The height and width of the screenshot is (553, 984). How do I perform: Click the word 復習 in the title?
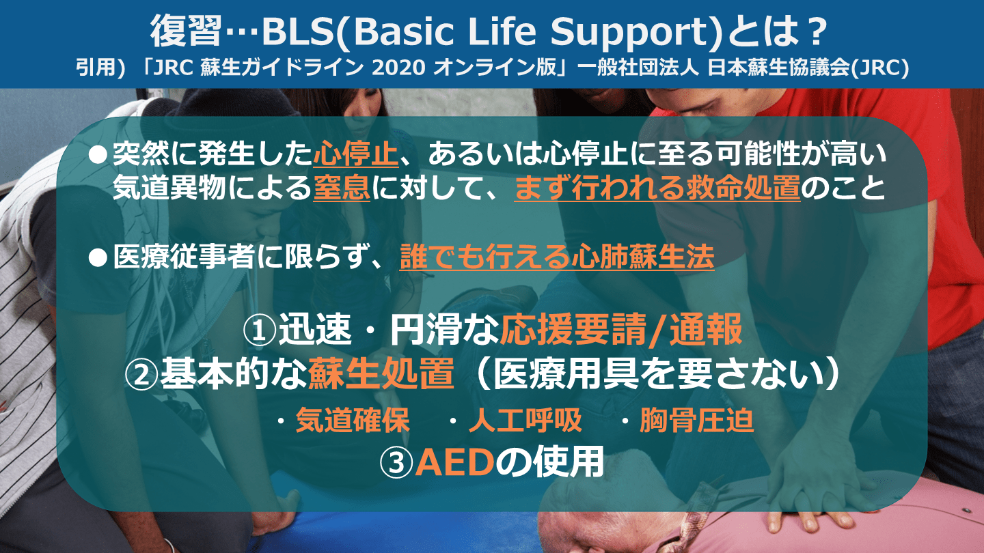click(x=185, y=31)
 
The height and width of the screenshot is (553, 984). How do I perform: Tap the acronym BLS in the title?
click(x=298, y=31)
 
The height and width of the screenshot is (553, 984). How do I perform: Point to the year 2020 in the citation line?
click(x=398, y=68)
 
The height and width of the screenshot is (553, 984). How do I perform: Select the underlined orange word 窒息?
click(x=342, y=188)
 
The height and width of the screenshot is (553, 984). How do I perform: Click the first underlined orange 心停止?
click(x=356, y=154)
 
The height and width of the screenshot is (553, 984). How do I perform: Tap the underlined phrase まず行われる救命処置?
click(x=657, y=188)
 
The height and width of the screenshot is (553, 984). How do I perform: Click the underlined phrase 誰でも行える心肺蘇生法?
click(x=557, y=257)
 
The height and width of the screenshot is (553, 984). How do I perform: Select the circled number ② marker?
click(x=141, y=375)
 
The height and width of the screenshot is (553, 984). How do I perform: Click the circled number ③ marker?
click(x=396, y=464)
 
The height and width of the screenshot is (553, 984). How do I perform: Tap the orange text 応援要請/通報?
click(x=621, y=330)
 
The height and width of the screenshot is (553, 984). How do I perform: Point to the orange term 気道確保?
click(x=353, y=420)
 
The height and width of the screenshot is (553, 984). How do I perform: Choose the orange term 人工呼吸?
click(x=525, y=420)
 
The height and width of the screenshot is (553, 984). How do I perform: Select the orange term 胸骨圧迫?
click(x=697, y=420)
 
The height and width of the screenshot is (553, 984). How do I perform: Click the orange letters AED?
click(x=454, y=463)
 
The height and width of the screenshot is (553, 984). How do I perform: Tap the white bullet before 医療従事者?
click(x=98, y=257)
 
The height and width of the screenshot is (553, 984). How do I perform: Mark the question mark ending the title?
click(x=817, y=31)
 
